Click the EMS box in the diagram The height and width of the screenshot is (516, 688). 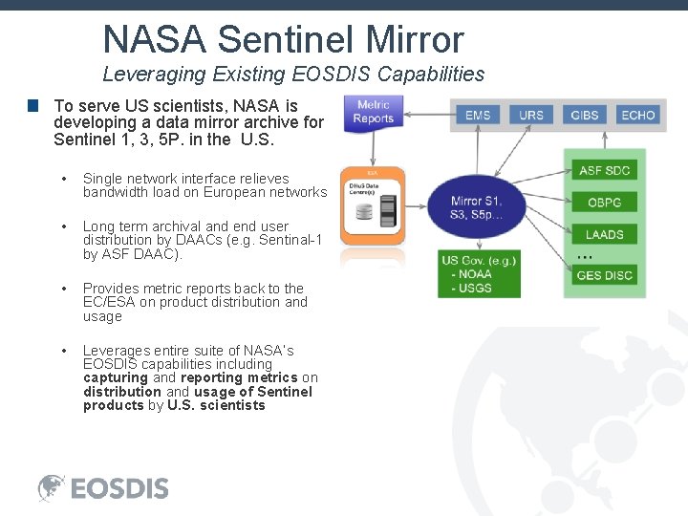coord(478,115)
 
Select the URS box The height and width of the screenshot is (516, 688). coord(531,115)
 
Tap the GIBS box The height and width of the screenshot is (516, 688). coord(585,115)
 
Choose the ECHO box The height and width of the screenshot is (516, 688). coord(638,115)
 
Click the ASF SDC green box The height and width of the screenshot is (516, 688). coord(605,171)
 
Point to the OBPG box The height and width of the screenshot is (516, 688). coord(605,202)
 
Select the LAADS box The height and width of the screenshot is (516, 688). coord(605,234)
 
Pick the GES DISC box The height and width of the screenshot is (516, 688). coord(605,276)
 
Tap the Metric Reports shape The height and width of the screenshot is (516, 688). coord(374,113)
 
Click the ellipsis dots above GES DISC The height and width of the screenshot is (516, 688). coord(586,257)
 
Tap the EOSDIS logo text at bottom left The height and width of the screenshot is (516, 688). coord(119,488)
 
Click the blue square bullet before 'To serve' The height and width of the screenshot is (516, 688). coord(32,106)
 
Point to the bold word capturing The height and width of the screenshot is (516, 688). coord(115,377)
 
